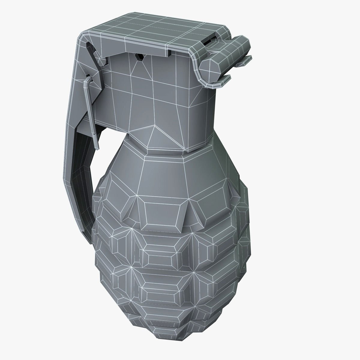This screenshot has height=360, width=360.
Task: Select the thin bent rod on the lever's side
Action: [90, 99]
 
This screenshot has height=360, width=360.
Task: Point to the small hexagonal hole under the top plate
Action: [139, 57]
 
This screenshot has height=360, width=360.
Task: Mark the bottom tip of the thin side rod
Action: [98, 147]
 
